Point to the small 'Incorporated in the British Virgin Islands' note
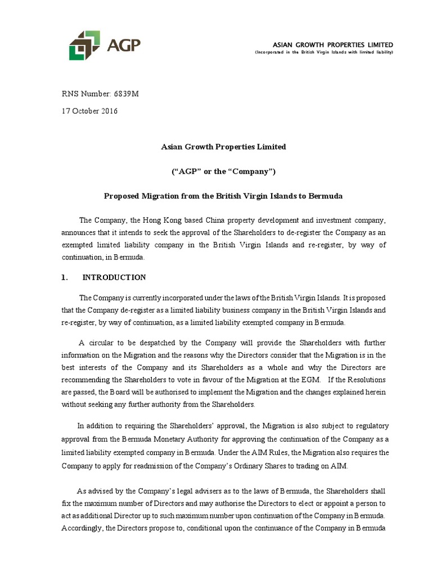323,52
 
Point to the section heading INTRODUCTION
114,277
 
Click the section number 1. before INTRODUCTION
64,277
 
